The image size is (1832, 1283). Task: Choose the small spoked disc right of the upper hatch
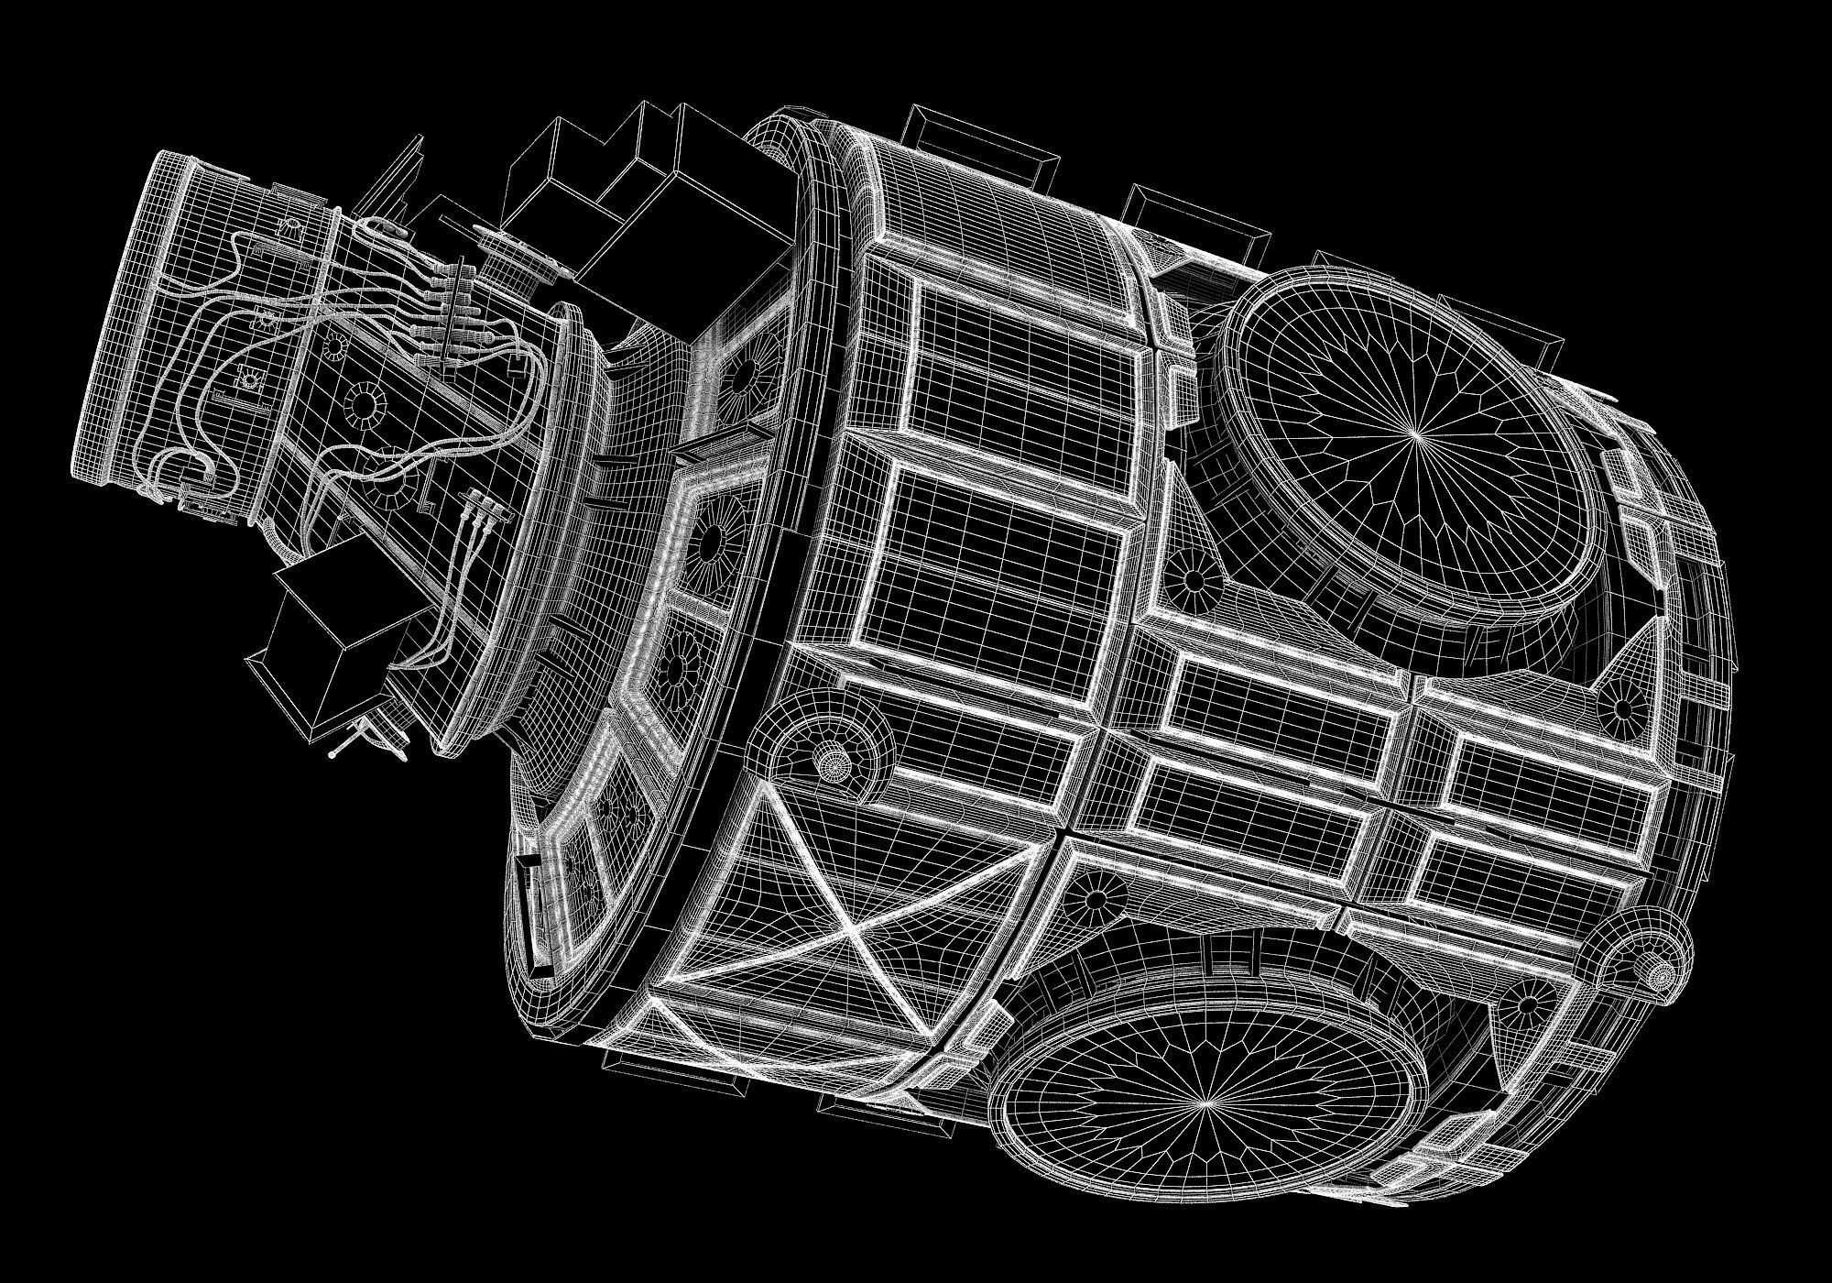point(1622,707)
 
